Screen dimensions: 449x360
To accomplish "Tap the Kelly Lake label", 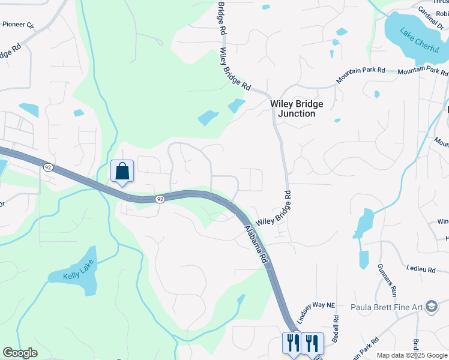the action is (x=79, y=276).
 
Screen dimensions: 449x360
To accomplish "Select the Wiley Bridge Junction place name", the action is (x=297, y=109).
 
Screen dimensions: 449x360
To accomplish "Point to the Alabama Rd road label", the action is (x=256, y=245).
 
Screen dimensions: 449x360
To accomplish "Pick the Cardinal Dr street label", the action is (x=430, y=11).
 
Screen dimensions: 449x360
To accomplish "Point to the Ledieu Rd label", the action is (x=420, y=269).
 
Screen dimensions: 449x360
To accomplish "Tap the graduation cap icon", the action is (x=432, y=307).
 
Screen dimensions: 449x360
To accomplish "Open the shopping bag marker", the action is (x=122, y=171).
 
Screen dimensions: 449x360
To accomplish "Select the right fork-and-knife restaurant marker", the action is (x=312, y=344).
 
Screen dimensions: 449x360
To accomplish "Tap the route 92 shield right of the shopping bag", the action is (x=159, y=199).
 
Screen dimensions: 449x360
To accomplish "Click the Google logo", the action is (x=20, y=353).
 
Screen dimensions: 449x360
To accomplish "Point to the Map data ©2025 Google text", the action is (x=412, y=355).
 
